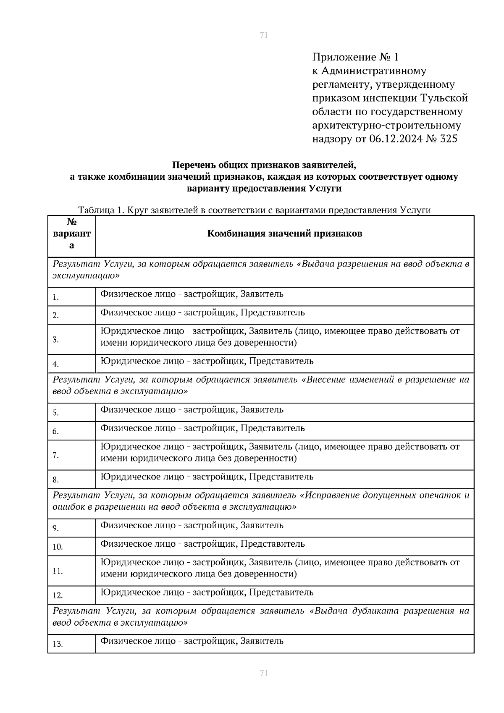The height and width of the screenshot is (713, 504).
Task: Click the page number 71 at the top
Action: pos(264,36)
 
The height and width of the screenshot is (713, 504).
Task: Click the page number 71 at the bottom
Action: pos(264,674)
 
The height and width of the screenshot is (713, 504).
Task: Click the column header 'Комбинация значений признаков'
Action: pos(285,234)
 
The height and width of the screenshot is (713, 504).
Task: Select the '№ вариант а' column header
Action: pos(71,234)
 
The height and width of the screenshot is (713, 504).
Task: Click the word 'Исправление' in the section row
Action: pos(331,495)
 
